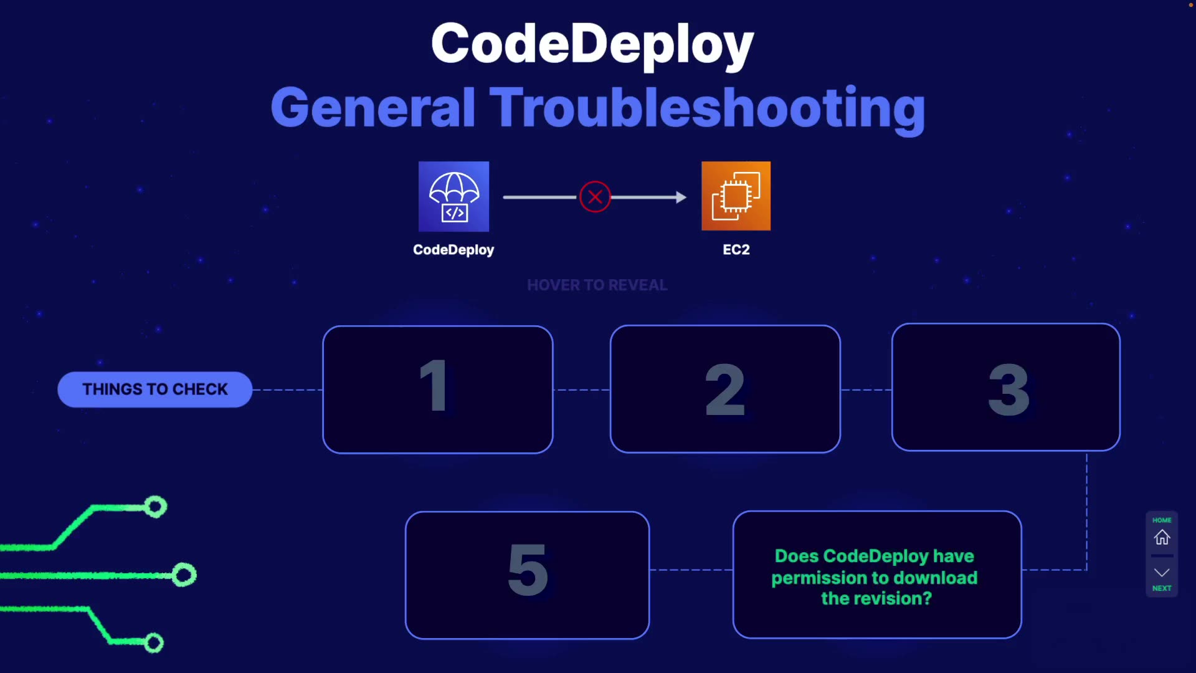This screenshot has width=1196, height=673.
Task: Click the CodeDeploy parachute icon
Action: (453, 196)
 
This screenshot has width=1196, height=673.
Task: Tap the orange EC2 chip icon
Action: (736, 196)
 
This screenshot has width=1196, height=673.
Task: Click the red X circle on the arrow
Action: (595, 197)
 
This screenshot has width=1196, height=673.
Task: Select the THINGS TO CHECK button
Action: (155, 389)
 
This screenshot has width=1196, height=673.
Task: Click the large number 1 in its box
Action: (434, 386)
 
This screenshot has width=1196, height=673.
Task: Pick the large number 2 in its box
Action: (724, 390)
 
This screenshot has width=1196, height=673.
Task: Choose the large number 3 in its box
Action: (1009, 390)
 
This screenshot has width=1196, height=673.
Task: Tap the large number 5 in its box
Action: (528, 570)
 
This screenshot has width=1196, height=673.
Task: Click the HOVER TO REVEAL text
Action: (597, 285)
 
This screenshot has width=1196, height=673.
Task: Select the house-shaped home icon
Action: (1162, 537)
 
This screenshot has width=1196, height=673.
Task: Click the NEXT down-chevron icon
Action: (1162, 573)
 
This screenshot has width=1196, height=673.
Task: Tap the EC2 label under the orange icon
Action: (736, 250)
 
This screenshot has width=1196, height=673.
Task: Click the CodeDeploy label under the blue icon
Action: (453, 250)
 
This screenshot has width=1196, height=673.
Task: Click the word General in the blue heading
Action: (373, 108)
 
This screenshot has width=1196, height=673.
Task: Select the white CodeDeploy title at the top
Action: (592, 44)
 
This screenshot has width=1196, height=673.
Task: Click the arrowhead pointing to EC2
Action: (681, 198)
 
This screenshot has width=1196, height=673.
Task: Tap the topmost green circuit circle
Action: (156, 507)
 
